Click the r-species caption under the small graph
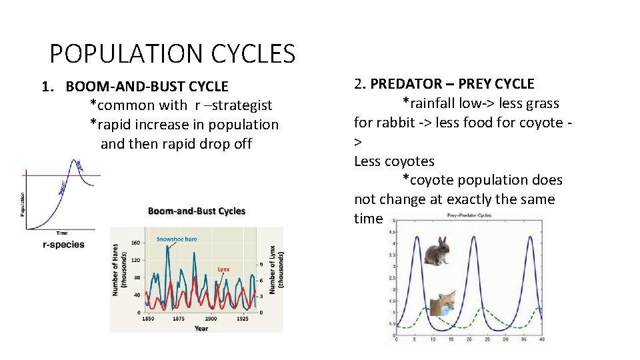click(63, 245)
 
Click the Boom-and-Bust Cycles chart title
click(197, 211)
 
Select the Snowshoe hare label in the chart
click(177, 239)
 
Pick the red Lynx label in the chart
click(223, 269)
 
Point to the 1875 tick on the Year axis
click(178, 319)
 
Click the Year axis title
click(201, 328)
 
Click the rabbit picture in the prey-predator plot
click(437, 251)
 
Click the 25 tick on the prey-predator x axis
click(487, 339)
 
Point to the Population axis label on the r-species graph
click(23, 205)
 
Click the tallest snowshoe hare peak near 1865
click(168, 246)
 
